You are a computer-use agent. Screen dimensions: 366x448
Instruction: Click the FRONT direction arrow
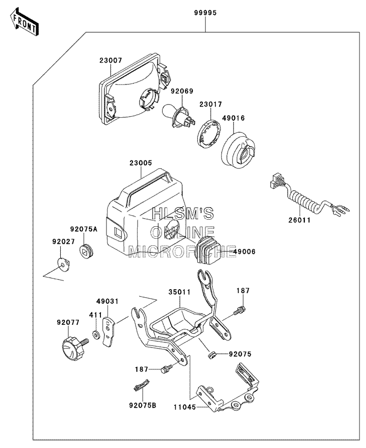click(24, 22)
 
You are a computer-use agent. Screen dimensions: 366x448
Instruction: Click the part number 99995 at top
click(205, 13)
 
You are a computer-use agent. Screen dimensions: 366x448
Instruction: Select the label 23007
click(110, 60)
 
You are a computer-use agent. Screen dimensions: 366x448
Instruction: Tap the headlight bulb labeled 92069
click(178, 118)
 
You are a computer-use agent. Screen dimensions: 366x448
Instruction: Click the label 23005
click(141, 163)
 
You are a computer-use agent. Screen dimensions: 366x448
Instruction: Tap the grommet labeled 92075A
click(86, 251)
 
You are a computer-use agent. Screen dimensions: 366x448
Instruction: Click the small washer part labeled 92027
click(63, 264)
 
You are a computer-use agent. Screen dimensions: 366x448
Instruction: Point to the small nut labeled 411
click(96, 334)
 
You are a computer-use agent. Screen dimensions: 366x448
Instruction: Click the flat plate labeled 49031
click(108, 331)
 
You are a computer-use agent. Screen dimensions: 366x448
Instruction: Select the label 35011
click(180, 292)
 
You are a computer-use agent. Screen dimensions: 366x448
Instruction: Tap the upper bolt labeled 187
click(239, 311)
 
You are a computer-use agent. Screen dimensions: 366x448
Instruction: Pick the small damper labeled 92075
click(211, 355)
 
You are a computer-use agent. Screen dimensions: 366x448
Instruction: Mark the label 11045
click(185, 407)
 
